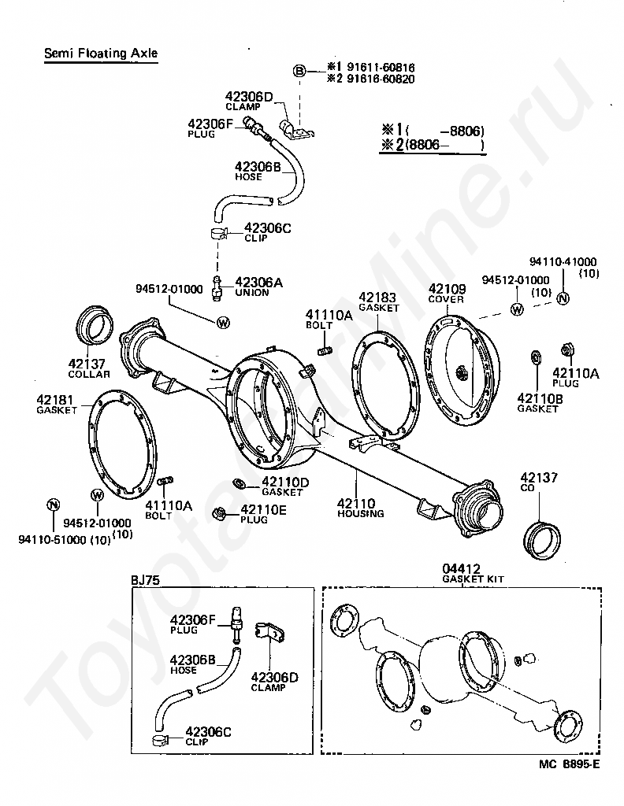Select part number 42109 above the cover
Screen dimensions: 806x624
447,289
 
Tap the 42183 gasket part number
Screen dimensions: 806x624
377,298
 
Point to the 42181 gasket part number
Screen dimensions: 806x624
56,399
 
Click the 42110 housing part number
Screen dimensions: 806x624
356,503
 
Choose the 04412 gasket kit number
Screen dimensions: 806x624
461,568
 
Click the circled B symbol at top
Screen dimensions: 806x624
299,72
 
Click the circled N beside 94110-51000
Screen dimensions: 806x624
53,505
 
